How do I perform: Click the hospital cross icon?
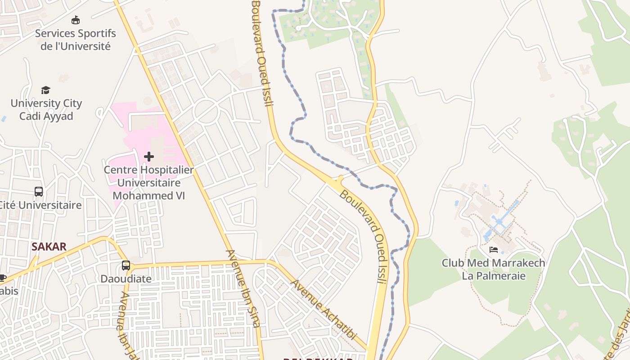pyautogui.click(x=149, y=157)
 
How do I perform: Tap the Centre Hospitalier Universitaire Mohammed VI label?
pyautogui.click(x=149, y=183)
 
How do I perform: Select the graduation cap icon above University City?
pyautogui.click(x=46, y=90)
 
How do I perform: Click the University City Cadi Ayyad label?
pyautogui.click(x=46, y=109)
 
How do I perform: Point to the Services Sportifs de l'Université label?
pyautogui.click(x=76, y=40)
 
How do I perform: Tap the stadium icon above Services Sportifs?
pyautogui.click(x=76, y=20)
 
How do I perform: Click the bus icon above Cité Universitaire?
pyautogui.click(x=39, y=192)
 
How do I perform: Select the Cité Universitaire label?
pyautogui.click(x=40, y=205)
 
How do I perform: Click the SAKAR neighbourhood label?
pyautogui.click(x=49, y=247)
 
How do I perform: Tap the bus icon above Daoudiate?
pyautogui.click(x=126, y=265)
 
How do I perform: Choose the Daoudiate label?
pyautogui.click(x=126, y=279)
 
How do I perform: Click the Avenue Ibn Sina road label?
pyautogui.click(x=243, y=288)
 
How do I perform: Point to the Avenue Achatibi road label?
pyautogui.click(x=324, y=310)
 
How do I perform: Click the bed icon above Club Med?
pyautogui.click(x=494, y=250)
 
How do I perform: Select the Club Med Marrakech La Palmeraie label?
pyautogui.click(x=494, y=269)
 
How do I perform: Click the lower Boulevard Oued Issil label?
pyautogui.click(x=364, y=236)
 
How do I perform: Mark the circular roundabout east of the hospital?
pyautogui.click(x=206, y=111)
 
